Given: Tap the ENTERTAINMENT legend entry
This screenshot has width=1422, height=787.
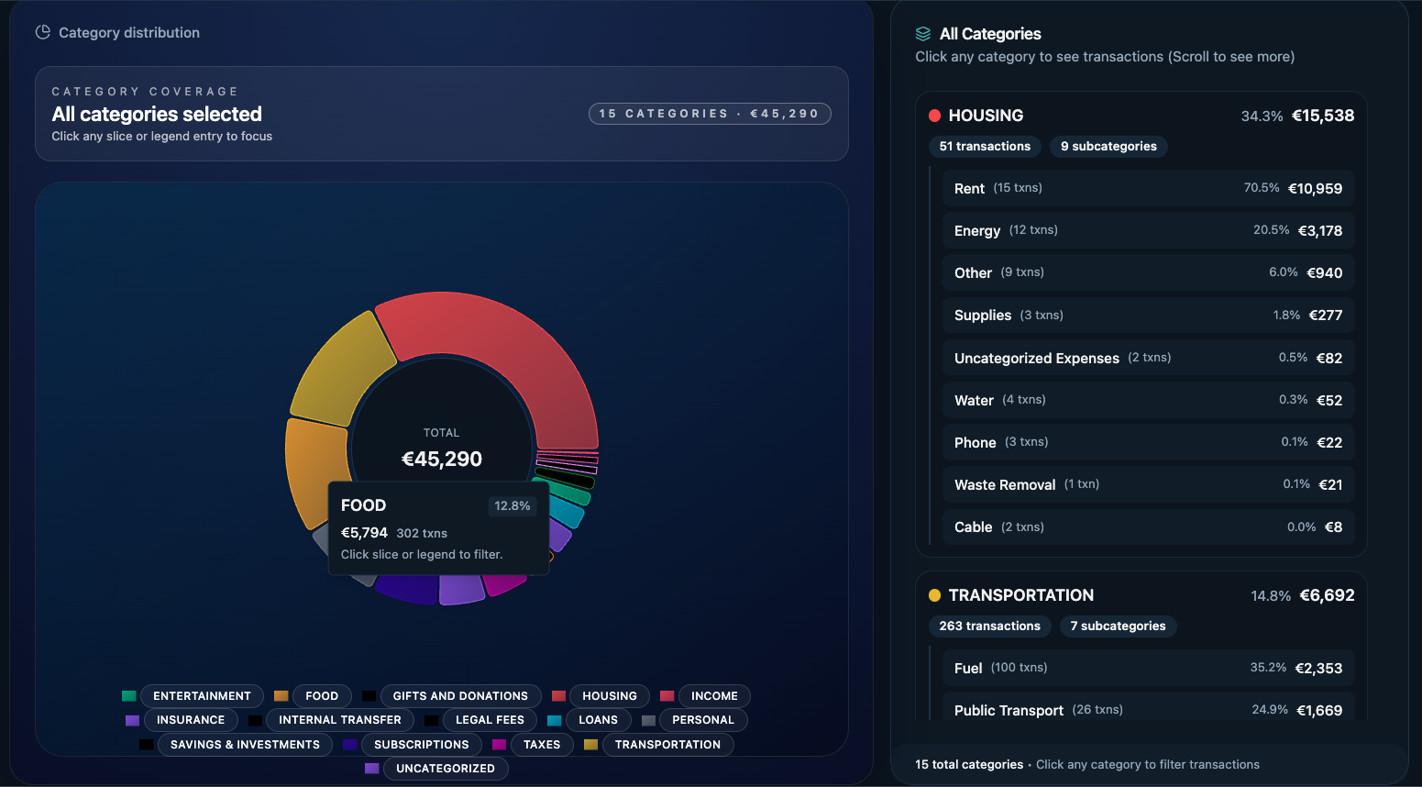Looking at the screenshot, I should tap(202, 696).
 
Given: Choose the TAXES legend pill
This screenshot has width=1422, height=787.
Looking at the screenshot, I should tap(541, 745).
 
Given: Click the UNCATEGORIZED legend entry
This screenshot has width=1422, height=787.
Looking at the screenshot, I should tap(445, 769).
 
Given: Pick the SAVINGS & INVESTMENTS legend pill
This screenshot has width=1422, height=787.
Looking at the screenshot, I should tap(245, 745).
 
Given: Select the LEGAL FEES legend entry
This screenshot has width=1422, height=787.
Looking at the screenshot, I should tap(490, 720).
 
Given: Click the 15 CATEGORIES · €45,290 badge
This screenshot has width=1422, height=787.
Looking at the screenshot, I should tap(709, 114).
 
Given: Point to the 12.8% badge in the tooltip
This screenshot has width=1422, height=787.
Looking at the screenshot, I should tap(512, 506).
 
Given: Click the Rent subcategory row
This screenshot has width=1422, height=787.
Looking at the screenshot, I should tap(1148, 188).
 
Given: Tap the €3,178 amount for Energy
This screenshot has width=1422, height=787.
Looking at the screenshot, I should tap(1319, 231).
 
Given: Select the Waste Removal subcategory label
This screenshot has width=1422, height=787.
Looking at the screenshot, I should tap(1005, 485).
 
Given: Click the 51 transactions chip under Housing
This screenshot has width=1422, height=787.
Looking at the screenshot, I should tap(985, 147).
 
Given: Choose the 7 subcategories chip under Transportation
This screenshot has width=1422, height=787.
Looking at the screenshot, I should tap(1118, 626).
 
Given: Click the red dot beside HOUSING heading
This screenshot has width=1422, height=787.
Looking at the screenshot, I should tap(934, 116).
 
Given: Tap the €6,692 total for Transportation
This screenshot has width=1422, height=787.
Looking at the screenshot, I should tap(1327, 595).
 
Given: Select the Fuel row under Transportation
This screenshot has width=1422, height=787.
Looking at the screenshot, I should tap(1148, 668).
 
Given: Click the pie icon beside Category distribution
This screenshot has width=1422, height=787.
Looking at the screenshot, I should tap(42, 32).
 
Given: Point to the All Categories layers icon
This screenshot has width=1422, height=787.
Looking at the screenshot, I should tap(923, 34).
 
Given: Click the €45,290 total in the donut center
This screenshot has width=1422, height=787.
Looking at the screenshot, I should tap(442, 459).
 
